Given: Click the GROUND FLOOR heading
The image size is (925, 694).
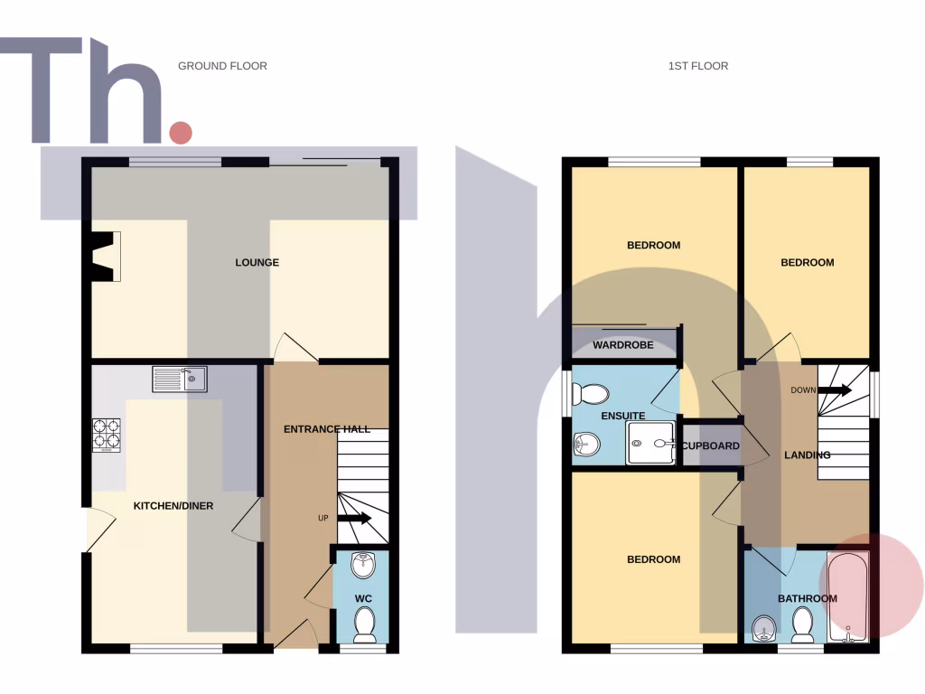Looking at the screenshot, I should (x=222, y=66).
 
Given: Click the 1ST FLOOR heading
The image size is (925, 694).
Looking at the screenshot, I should (x=697, y=66).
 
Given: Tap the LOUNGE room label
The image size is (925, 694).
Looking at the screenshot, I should (x=257, y=263).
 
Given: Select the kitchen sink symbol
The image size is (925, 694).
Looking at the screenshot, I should (x=180, y=379).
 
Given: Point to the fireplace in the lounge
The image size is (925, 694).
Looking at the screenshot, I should (x=107, y=256).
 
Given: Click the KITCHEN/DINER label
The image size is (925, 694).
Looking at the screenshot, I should (x=173, y=506).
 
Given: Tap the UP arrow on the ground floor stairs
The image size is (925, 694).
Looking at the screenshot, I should (x=353, y=519).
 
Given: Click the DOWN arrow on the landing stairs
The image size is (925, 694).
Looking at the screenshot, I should (x=835, y=390).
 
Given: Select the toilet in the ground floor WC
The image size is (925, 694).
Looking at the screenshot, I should (x=364, y=623).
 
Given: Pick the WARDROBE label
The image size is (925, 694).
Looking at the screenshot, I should (x=622, y=345).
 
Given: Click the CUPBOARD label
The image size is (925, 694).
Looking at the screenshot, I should (x=711, y=446).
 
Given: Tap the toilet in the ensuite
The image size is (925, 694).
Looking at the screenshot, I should (x=593, y=393).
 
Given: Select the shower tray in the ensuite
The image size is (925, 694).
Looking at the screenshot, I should (x=652, y=444).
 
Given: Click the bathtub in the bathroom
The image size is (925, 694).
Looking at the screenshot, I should (x=847, y=596).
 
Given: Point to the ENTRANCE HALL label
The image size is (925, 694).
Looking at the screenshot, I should (x=327, y=429).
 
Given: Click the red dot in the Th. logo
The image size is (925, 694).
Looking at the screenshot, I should (x=181, y=133).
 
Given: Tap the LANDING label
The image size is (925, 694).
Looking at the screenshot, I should (x=807, y=455).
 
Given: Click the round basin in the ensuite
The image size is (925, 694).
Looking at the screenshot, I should (x=587, y=444).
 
